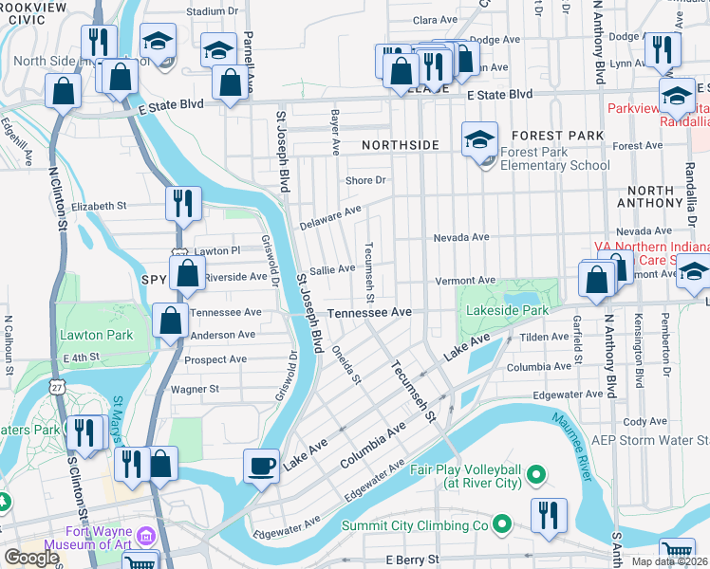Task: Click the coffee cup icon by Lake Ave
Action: pos(262,466)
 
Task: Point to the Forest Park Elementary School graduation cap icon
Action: pos(478,138)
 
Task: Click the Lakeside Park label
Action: pos(507,310)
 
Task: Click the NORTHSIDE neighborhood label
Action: pos(400,144)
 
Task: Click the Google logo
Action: pos(32,558)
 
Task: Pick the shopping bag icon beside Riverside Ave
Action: pos(189,273)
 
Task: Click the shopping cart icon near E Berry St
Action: pos(676,554)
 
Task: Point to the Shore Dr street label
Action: pos(366,180)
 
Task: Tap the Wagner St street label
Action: pos(195,389)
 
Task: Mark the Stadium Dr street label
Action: pos(212,11)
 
